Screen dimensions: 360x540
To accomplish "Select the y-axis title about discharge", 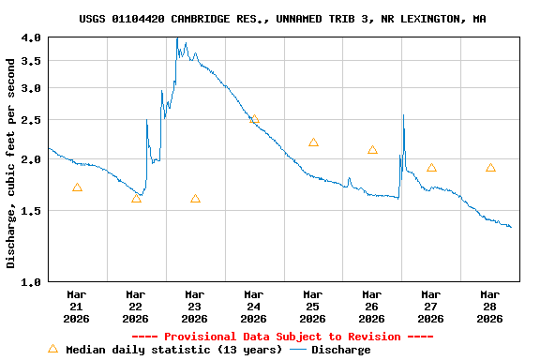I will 11,163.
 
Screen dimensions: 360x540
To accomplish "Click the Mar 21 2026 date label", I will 77,306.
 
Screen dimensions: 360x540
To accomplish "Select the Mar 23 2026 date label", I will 195,306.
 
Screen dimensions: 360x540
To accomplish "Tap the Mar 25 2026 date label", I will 313,306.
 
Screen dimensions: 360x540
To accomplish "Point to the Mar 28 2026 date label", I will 490,306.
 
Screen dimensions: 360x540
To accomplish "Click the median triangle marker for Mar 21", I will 77,187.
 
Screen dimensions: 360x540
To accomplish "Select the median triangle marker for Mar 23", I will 195,199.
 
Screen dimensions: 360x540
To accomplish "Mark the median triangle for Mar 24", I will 254,119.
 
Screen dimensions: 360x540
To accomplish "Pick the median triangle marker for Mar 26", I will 372,150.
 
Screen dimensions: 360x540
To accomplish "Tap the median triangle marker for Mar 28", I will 490,168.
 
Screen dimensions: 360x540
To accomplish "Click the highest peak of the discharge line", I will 177,39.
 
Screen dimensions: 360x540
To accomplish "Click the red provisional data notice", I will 282,337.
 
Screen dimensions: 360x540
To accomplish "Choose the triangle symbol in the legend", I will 53,349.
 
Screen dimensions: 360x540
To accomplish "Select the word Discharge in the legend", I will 340,350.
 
